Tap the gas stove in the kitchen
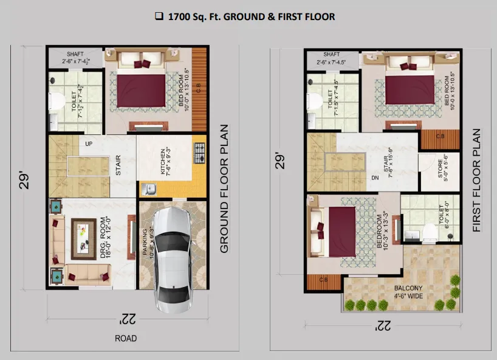(x=199, y=153)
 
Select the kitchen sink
(x=149, y=189)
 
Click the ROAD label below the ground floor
(x=126, y=339)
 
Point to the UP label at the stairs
(x=89, y=144)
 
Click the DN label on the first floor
(x=375, y=178)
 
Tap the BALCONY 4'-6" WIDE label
(x=408, y=292)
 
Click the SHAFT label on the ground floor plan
(x=75, y=54)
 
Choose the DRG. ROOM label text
(x=106, y=237)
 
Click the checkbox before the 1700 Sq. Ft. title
(x=159, y=16)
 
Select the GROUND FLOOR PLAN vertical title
(x=224, y=189)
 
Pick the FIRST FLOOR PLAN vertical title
(x=477, y=180)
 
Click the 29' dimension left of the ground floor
(x=24, y=181)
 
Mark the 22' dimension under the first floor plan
(x=383, y=325)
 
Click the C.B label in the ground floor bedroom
(x=199, y=88)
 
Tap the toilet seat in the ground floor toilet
(x=57, y=101)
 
